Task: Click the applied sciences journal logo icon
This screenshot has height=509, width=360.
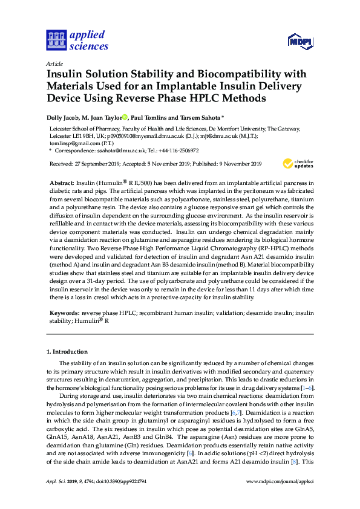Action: pyautogui.click(x=56, y=41)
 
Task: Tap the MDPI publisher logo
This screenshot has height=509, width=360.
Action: pyautogui.click(x=299, y=42)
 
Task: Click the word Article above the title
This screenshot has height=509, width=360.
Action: pyautogui.click(x=55, y=63)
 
